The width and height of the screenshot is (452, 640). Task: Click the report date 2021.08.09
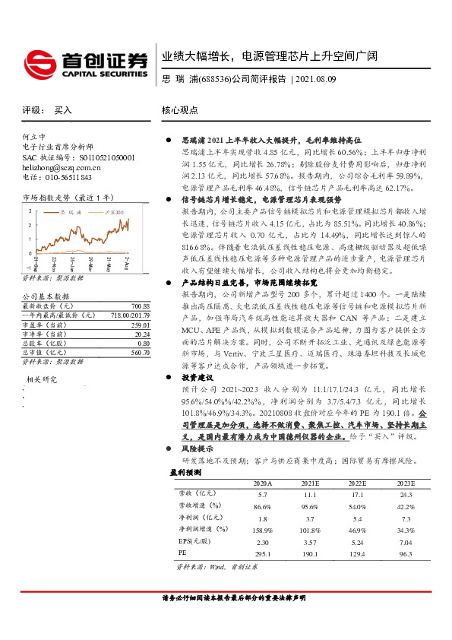pos(315,78)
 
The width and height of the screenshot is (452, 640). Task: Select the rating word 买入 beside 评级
pos(63,110)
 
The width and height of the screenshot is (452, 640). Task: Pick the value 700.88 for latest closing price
pos(140,284)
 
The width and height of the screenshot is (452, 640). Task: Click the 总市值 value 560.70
pos(140,331)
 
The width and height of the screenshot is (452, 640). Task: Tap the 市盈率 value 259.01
pos(140,303)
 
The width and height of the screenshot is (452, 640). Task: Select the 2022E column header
pos(356,483)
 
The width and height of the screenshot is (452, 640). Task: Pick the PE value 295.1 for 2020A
pos(262,555)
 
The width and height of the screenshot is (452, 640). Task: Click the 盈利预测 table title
pos(185,472)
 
